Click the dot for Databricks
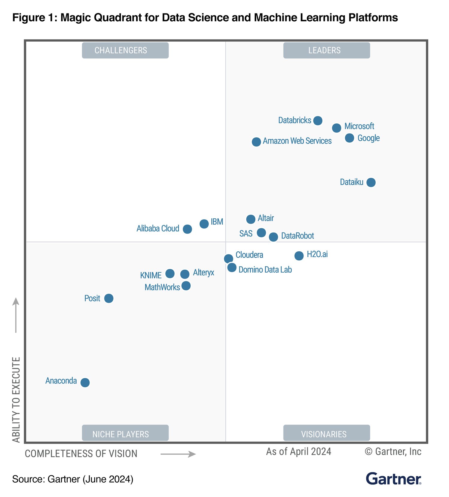pos(318,121)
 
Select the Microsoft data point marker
pos(336,128)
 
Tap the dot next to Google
pos(349,138)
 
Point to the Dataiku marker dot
pos(371,182)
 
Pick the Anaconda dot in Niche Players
pos(85,383)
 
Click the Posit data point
pos(109,298)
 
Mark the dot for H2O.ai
pos(299,256)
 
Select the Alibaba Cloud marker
pos(187,229)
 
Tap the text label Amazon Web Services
pos(297,141)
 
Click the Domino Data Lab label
pos(265,270)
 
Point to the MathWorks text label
pos(162,287)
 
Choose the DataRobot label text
pos(298,236)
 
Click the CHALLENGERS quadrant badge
pos(125,50)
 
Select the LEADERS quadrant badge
pos(327,50)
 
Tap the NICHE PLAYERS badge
pos(125,433)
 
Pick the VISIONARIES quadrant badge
pos(327,433)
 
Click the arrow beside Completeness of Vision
pos(178,454)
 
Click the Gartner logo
pos(393,479)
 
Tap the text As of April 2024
pos(298,451)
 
